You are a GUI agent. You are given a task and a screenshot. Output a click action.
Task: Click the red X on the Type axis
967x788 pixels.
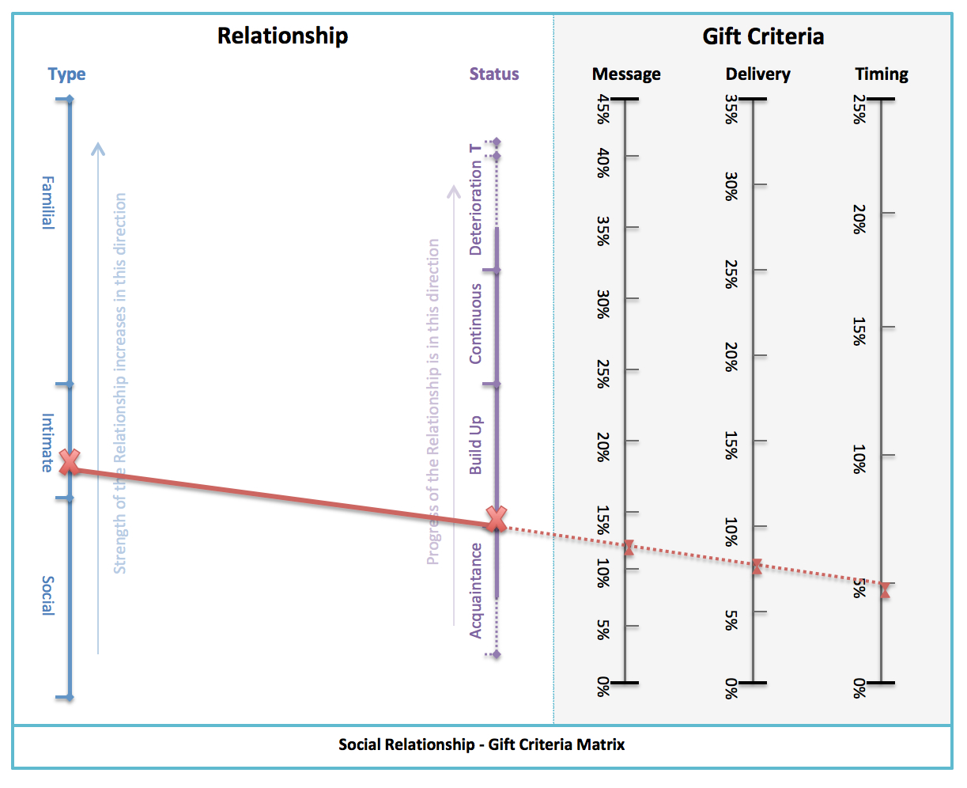70,461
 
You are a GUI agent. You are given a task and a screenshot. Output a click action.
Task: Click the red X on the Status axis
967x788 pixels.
497,519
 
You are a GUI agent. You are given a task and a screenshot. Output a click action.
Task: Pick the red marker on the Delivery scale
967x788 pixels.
757,566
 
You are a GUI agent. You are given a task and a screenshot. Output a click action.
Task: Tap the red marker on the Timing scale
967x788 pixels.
886,590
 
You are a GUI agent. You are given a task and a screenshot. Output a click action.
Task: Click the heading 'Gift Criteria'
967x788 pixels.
763,36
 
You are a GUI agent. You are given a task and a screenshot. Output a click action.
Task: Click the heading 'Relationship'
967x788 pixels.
282,36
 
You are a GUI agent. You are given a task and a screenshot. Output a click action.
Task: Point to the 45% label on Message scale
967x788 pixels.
603,109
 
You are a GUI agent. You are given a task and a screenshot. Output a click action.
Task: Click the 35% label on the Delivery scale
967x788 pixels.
731,109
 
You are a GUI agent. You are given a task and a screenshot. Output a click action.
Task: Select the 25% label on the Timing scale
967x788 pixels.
859,109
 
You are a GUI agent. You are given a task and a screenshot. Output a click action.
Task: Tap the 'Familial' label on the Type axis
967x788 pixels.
48,202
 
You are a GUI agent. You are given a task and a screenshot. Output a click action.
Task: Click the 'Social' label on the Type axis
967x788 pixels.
48,596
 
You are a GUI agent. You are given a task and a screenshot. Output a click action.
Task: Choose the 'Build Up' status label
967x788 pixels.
475,445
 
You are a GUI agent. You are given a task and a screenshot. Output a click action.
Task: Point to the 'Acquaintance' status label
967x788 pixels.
475,590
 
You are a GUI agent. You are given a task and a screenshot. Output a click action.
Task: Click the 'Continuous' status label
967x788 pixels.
475,324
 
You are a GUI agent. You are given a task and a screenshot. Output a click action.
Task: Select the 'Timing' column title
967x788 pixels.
882,74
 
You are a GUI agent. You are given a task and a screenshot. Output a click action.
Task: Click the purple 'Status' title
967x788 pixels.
494,74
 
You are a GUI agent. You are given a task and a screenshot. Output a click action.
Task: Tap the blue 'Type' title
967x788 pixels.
66,74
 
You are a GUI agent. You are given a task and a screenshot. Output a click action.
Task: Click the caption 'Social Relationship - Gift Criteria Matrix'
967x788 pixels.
482,744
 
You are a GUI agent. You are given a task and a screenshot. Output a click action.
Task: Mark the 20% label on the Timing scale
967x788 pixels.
859,218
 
